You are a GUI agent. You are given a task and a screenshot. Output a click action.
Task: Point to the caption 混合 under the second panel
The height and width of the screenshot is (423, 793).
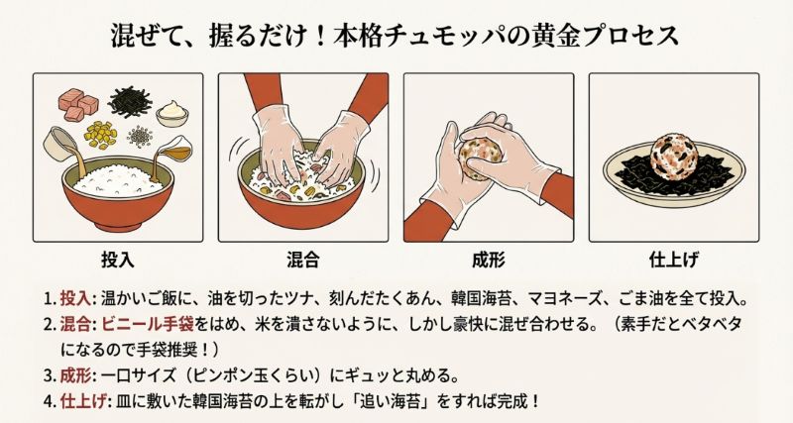[x=302, y=261]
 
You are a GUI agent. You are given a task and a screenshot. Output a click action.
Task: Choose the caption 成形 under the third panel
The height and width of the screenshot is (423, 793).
[x=489, y=261]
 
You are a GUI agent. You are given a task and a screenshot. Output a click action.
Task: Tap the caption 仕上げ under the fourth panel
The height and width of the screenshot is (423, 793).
[x=674, y=261]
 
